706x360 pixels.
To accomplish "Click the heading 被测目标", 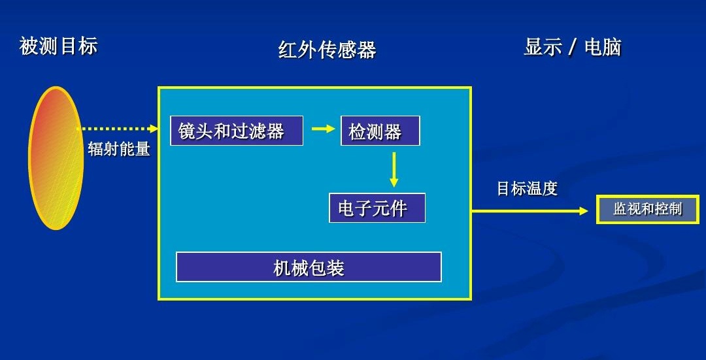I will (59, 46).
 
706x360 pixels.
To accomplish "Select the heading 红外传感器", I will (327, 50).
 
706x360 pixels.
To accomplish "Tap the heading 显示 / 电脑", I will (572, 47).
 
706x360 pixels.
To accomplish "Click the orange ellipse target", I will (56, 158).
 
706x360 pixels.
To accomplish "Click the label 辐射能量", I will (119, 149).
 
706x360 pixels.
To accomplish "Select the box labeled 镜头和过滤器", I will (237, 131).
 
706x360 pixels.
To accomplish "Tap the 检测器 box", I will (380, 131).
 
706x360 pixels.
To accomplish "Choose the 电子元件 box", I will (377, 208).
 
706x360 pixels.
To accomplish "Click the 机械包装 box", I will (309, 267).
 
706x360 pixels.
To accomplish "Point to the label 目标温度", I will (527, 189).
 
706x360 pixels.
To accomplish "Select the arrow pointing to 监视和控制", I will (529, 211).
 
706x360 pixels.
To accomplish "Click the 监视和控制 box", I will (647, 210).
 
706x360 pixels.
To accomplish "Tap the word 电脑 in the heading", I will (602, 47).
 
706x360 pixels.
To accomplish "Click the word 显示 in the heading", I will (543, 47).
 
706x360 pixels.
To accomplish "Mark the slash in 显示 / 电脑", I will (572, 48).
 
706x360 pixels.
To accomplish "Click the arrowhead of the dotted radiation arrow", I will (154, 129).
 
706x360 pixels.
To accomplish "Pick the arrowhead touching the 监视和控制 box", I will (583, 211).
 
